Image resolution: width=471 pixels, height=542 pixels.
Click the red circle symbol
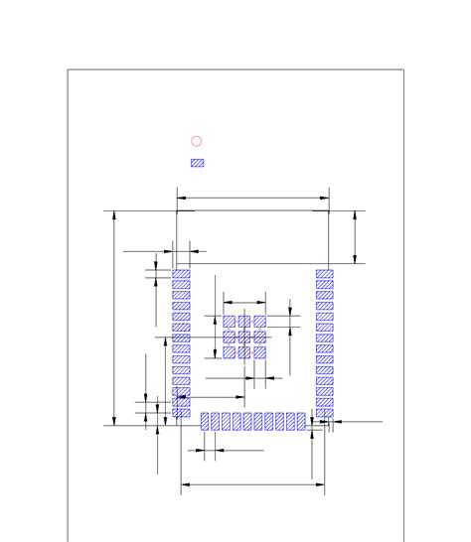(197, 142)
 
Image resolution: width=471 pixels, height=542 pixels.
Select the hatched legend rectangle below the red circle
(197, 163)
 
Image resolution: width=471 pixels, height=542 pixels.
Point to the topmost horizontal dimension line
(252, 198)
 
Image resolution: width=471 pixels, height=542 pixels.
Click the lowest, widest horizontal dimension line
(252, 485)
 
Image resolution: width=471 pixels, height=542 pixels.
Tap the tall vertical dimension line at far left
(116, 318)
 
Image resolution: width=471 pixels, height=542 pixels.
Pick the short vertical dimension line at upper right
(357, 236)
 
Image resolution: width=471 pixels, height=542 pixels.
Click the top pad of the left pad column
(181, 274)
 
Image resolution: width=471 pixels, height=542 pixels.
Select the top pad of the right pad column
(325, 274)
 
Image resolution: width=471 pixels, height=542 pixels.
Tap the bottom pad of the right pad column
(325, 413)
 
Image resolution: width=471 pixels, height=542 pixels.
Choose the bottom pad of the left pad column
(181, 413)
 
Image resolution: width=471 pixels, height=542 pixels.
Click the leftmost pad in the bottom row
(206, 422)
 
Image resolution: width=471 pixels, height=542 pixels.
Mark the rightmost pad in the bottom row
(301, 422)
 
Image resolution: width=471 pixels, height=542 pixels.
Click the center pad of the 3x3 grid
(244, 337)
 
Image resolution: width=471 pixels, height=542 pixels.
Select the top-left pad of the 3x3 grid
(229, 322)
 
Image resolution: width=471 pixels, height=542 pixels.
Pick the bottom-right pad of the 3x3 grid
(259, 351)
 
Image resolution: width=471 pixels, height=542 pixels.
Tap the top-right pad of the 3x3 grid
(259, 322)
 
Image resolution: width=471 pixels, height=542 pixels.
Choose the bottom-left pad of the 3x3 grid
(229, 351)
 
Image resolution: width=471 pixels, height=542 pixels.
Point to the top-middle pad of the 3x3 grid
(244, 322)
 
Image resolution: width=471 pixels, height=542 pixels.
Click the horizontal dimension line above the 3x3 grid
(244, 301)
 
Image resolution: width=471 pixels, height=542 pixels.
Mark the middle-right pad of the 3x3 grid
(259, 337)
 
